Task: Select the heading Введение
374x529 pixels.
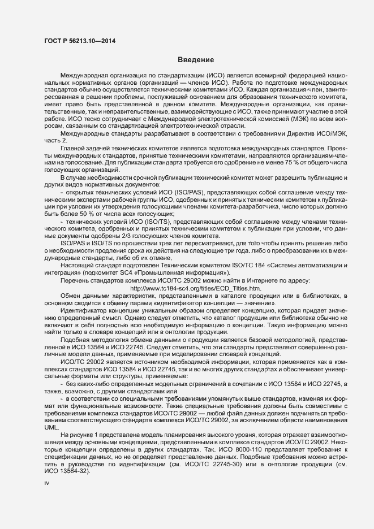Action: click(195, 60)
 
